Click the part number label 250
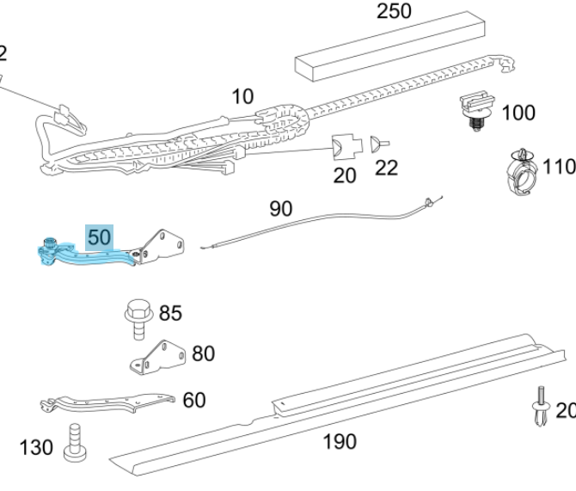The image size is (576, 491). tap(395, 12)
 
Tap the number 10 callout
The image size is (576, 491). tap(243, 96)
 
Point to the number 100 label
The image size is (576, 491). tap(518, 113)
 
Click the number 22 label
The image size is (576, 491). tap(386, 168)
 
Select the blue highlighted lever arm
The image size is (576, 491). tap(86, 255)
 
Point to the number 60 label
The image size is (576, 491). tap(194, 399)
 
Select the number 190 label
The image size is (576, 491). tap(339, 442)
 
